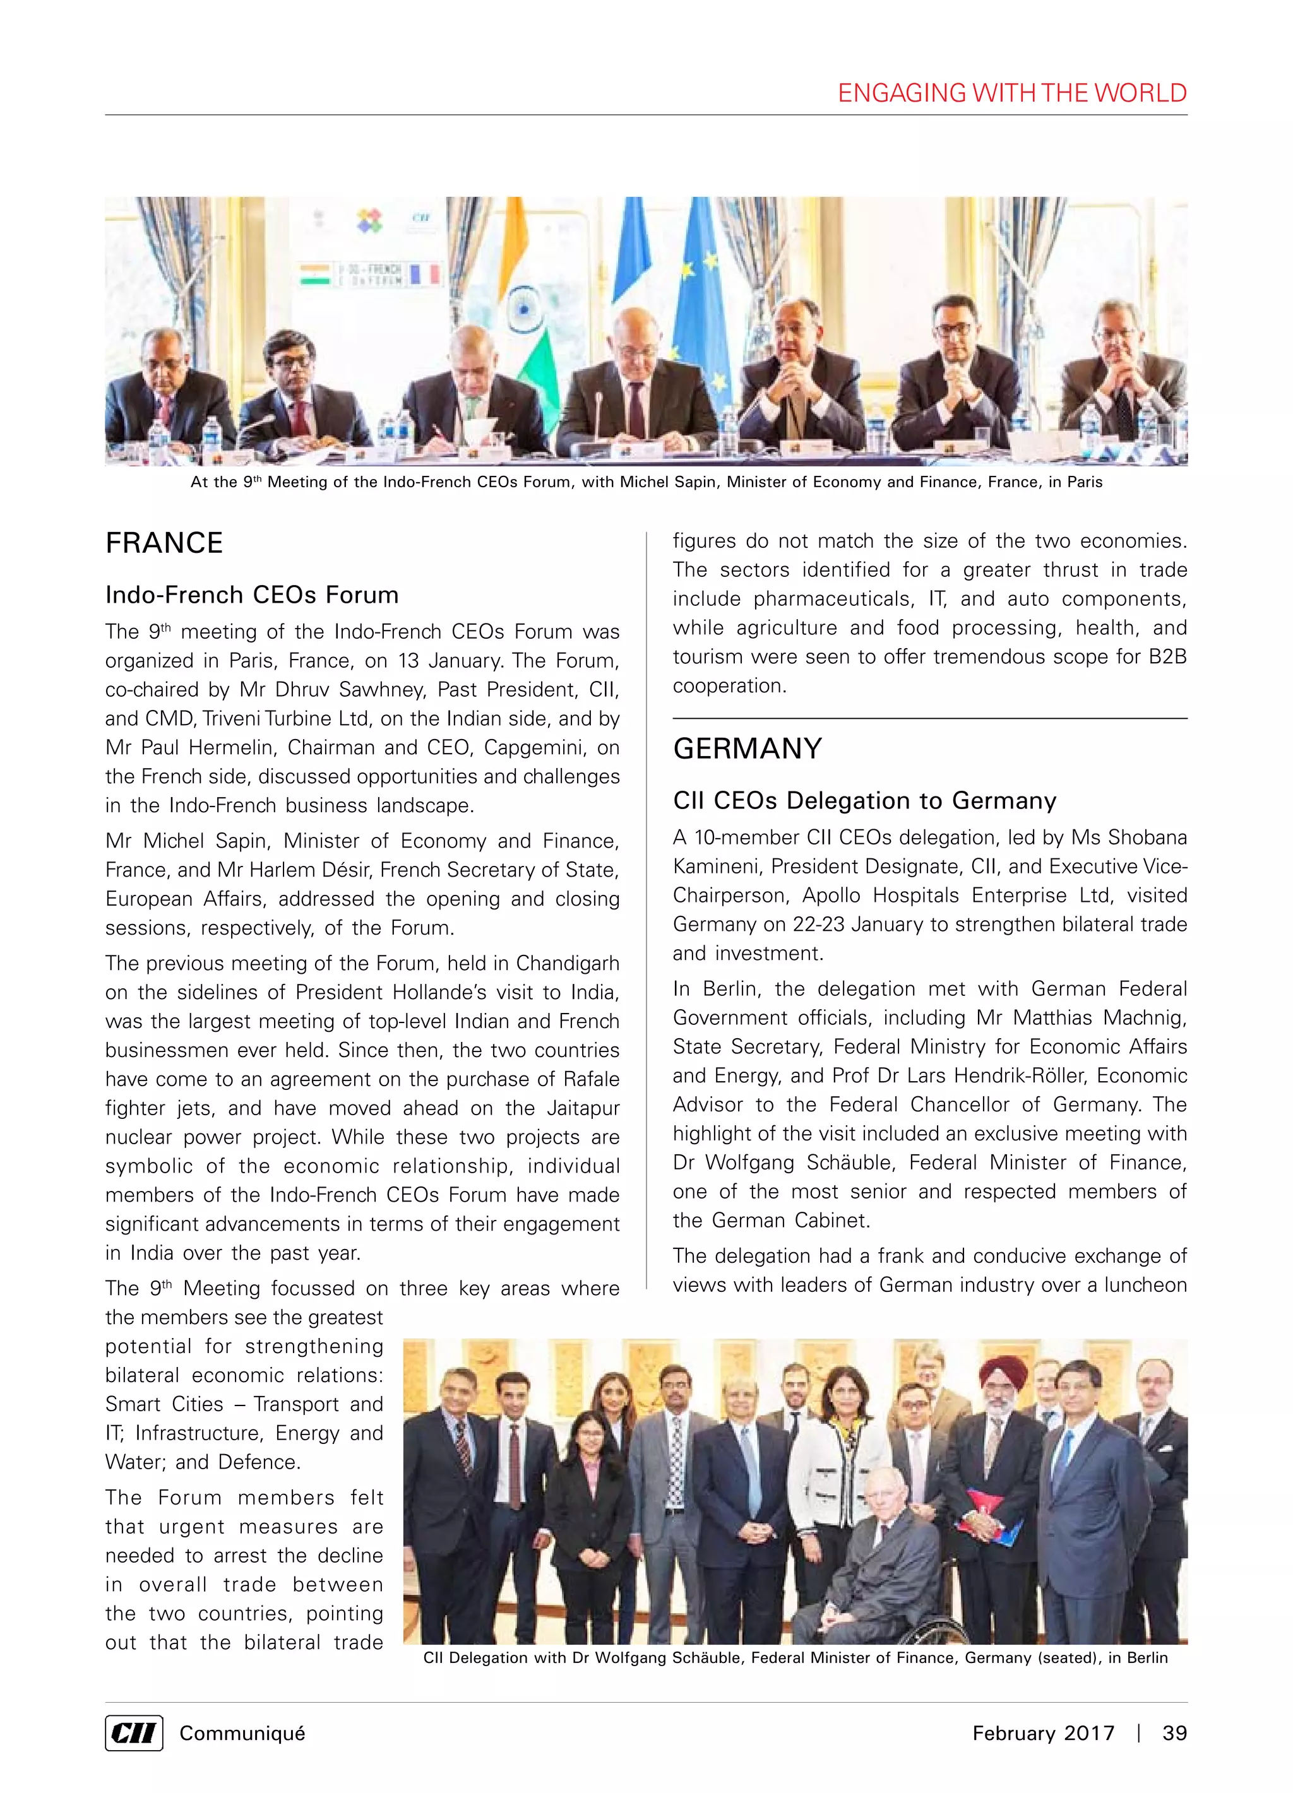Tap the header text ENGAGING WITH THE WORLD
coord(1011,93)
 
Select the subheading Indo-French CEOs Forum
coord(251,595)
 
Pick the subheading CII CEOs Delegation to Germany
coord(864,801)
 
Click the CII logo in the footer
coord(134,1733)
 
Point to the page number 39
coord(1174,1733)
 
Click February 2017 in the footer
coord(1042,1733)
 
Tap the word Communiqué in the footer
coord(242,1733)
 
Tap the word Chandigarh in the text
coord(567,963)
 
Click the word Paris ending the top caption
coord(1084,482)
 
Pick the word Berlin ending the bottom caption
coord(1147,1658)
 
